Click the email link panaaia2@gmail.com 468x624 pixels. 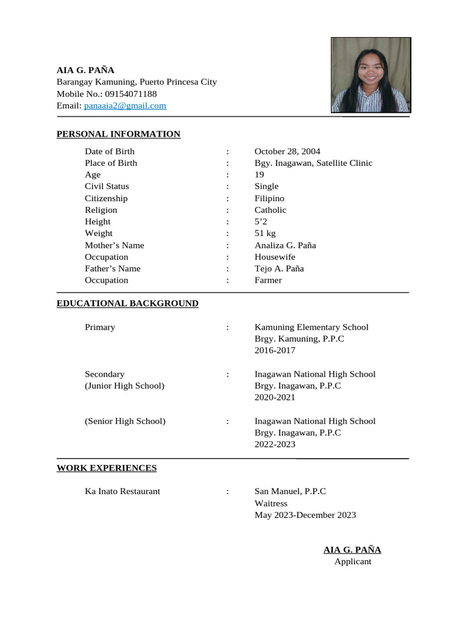coord(125,105)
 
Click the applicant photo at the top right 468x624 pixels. coord(370,75)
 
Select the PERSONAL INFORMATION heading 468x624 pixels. coord(118,134)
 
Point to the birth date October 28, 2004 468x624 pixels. coord(287,151)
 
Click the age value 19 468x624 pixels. coord(260,174)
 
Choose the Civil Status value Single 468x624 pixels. coord(266,186)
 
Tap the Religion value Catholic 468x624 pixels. coord(270,210)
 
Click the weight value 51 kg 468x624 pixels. coord(265,233)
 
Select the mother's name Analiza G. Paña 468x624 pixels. coord(285,245)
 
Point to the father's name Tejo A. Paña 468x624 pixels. coord(279,268)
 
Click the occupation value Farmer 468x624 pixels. coord(268,280)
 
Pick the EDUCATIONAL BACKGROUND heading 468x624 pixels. coord(127,303)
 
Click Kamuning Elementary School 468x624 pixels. coord(311,327)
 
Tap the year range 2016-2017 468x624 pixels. coord(275,350)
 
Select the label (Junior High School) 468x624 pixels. coord(124,386)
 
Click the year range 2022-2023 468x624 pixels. coord(275,444)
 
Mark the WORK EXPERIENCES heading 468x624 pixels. coord(107,468)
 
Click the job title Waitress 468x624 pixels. coord(271,503)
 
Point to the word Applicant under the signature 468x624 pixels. coord(352,561)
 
